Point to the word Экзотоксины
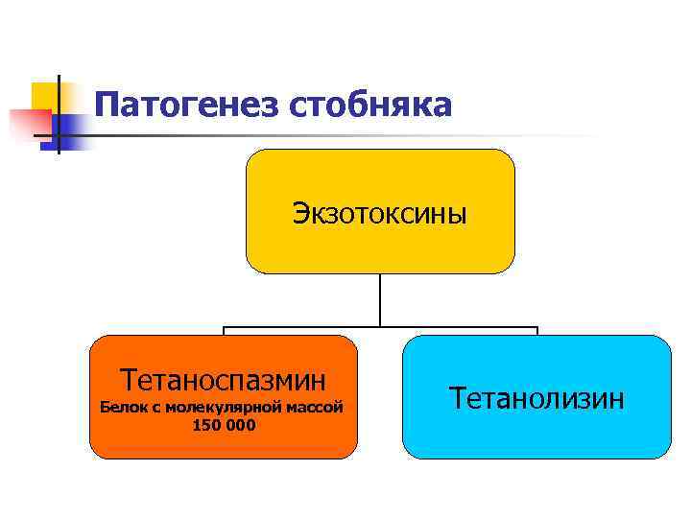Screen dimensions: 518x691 pos(380,212)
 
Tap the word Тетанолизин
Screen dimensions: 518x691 pos(536,397)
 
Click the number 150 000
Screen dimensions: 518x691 pos(224,425)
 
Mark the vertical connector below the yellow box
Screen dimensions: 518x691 pos(380,299)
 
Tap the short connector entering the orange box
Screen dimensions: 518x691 pos(224,331)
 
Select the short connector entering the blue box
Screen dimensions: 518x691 pos(536,331)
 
